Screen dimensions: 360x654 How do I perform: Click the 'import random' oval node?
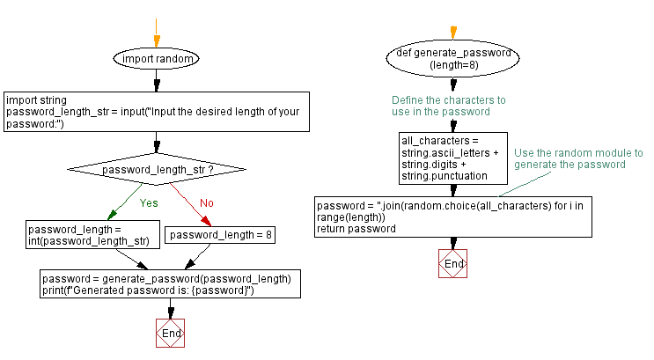click(157, 59)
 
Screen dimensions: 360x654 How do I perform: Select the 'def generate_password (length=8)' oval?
click(453, 59)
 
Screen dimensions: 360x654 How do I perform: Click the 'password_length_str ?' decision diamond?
click(158, 169)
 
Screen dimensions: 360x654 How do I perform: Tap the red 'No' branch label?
click(205, 202)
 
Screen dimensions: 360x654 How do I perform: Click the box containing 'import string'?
click(157, 112)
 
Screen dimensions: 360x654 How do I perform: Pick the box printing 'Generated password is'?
click(170, 284)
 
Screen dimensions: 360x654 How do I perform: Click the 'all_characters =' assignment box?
click(452, 158)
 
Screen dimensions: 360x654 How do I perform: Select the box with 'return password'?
click(453, 217)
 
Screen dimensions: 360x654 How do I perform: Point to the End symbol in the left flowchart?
click(170, 334)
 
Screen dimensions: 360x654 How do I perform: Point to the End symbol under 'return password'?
click(453, 263)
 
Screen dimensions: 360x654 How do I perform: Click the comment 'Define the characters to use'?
click(449, 106)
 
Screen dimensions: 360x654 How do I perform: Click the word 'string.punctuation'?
click(445, 176)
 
